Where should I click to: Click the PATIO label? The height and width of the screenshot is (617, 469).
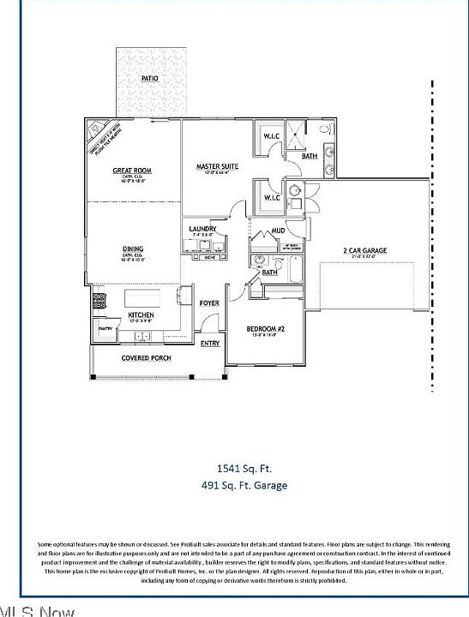pyautogui.click(x=149, y=79)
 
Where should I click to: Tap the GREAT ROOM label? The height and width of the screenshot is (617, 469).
pyautogui.click(x=132, y=171)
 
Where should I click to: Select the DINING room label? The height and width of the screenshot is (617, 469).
pyautogui.click(x=132, y=249)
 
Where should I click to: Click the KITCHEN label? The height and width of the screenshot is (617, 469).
pyautogui.click(x=141, y=315)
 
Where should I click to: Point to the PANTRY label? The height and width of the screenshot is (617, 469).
pyautogui.click(x=105, y=328)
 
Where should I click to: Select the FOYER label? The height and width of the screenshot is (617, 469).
pyautogui.click(x=209, y=303)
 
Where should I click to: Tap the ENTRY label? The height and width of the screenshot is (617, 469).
pyautogui.click(x=210, y=344)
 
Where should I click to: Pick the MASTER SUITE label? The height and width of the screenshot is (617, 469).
pyautogui.click(x=217, y=166)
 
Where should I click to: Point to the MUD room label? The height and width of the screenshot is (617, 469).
pyautogui.click(x=279, y=231)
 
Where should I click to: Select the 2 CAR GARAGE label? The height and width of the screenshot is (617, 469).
pyautogui.click(x=365, y=251)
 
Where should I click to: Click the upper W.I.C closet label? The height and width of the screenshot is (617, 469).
pyautogui.click(x=272, y=136)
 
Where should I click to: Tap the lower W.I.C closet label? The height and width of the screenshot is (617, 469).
pyautogui.click(x=272, y=198)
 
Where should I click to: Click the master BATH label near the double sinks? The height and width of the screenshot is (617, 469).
pyautogui.click(x=310, y=156)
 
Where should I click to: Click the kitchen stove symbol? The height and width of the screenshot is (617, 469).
pyautogui.click(x=99, y=302)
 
